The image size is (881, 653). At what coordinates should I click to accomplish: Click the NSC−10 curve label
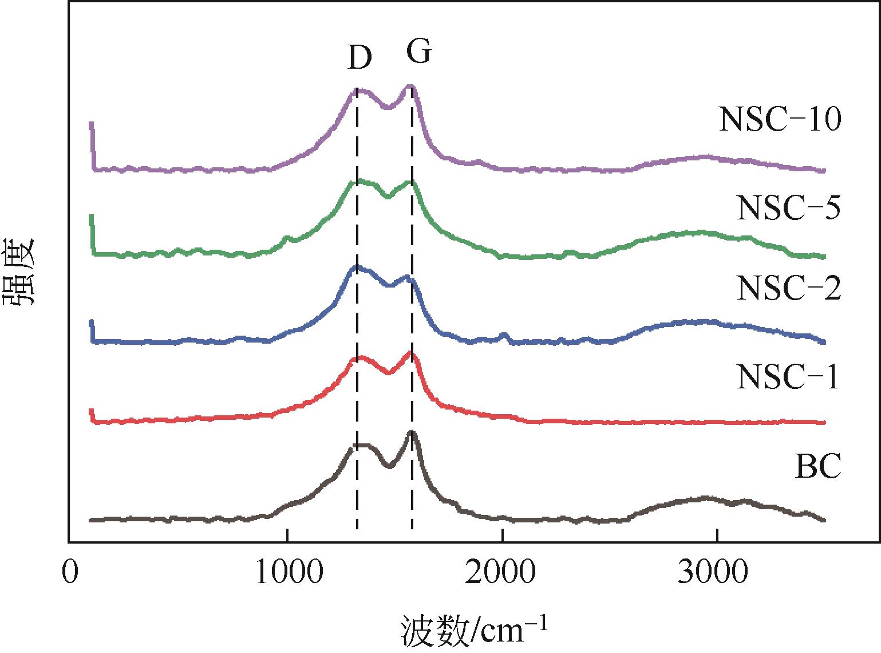(780, 120)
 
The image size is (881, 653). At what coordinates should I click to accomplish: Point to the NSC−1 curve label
(788, 377)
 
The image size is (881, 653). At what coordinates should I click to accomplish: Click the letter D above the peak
(359, 58)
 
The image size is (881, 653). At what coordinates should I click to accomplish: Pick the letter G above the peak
(418, 52)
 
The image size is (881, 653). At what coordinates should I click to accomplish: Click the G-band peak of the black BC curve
(412, 432)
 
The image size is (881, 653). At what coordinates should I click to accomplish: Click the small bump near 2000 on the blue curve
(504, 334)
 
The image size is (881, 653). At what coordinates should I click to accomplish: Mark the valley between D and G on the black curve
(389, 466)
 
